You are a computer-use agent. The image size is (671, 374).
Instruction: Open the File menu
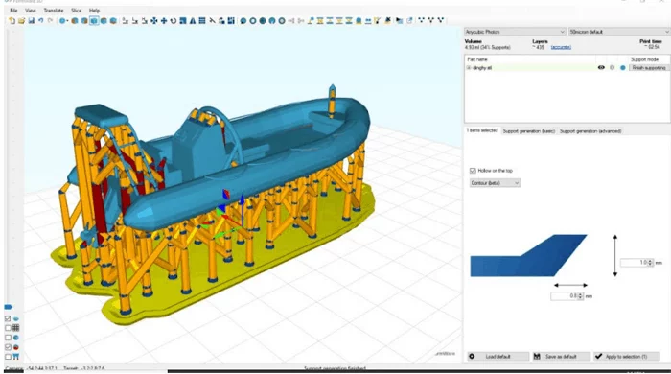(x=13, y=10)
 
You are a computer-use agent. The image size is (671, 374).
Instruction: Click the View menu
(x=30, y=10)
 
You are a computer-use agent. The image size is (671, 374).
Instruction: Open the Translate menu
(x=53, y=10)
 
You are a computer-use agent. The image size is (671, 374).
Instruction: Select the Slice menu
(x=75, y=10)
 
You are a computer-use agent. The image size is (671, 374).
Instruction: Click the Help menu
(x=94, y=10)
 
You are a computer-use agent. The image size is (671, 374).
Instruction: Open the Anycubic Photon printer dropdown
(x=513, y=32)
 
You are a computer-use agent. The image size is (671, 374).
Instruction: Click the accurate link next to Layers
(x=563, y=47)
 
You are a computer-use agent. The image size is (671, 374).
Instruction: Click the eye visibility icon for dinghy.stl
(x=601, y=68)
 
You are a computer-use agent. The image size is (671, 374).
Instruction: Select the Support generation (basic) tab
(x=529, y=130)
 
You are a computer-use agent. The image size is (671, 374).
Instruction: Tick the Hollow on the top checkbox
(x=473, y=171)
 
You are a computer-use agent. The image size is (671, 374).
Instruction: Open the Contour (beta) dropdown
(x=496, y=182)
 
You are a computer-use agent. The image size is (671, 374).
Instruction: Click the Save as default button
(x=559, y=357)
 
